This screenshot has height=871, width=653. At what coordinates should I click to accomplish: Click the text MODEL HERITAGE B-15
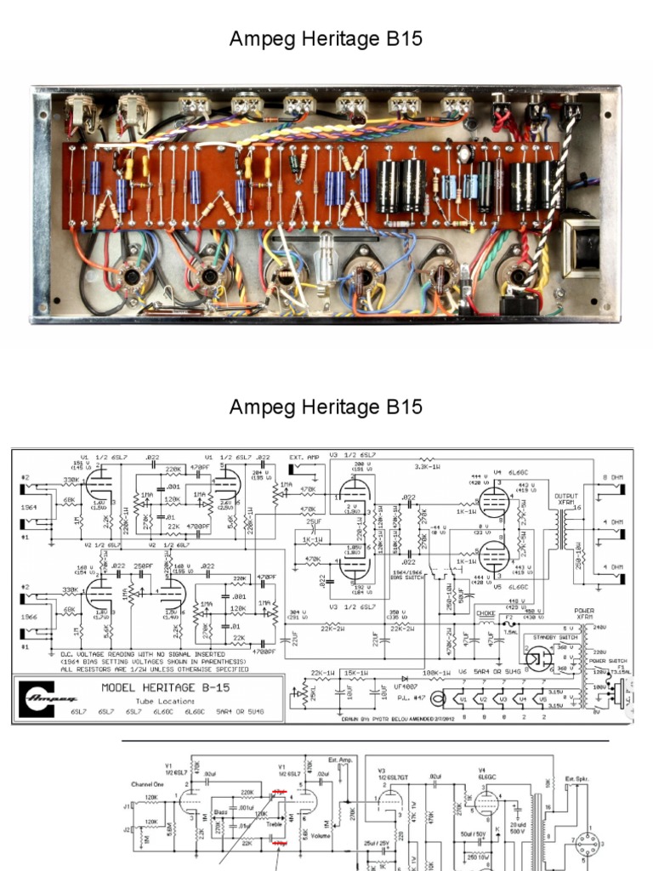pos(165,686)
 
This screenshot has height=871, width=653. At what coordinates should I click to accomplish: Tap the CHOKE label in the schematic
pos(485,612)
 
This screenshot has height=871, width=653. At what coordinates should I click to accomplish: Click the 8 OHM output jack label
pos(612,476)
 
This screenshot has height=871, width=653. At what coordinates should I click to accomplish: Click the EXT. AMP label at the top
pos(302,457)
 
